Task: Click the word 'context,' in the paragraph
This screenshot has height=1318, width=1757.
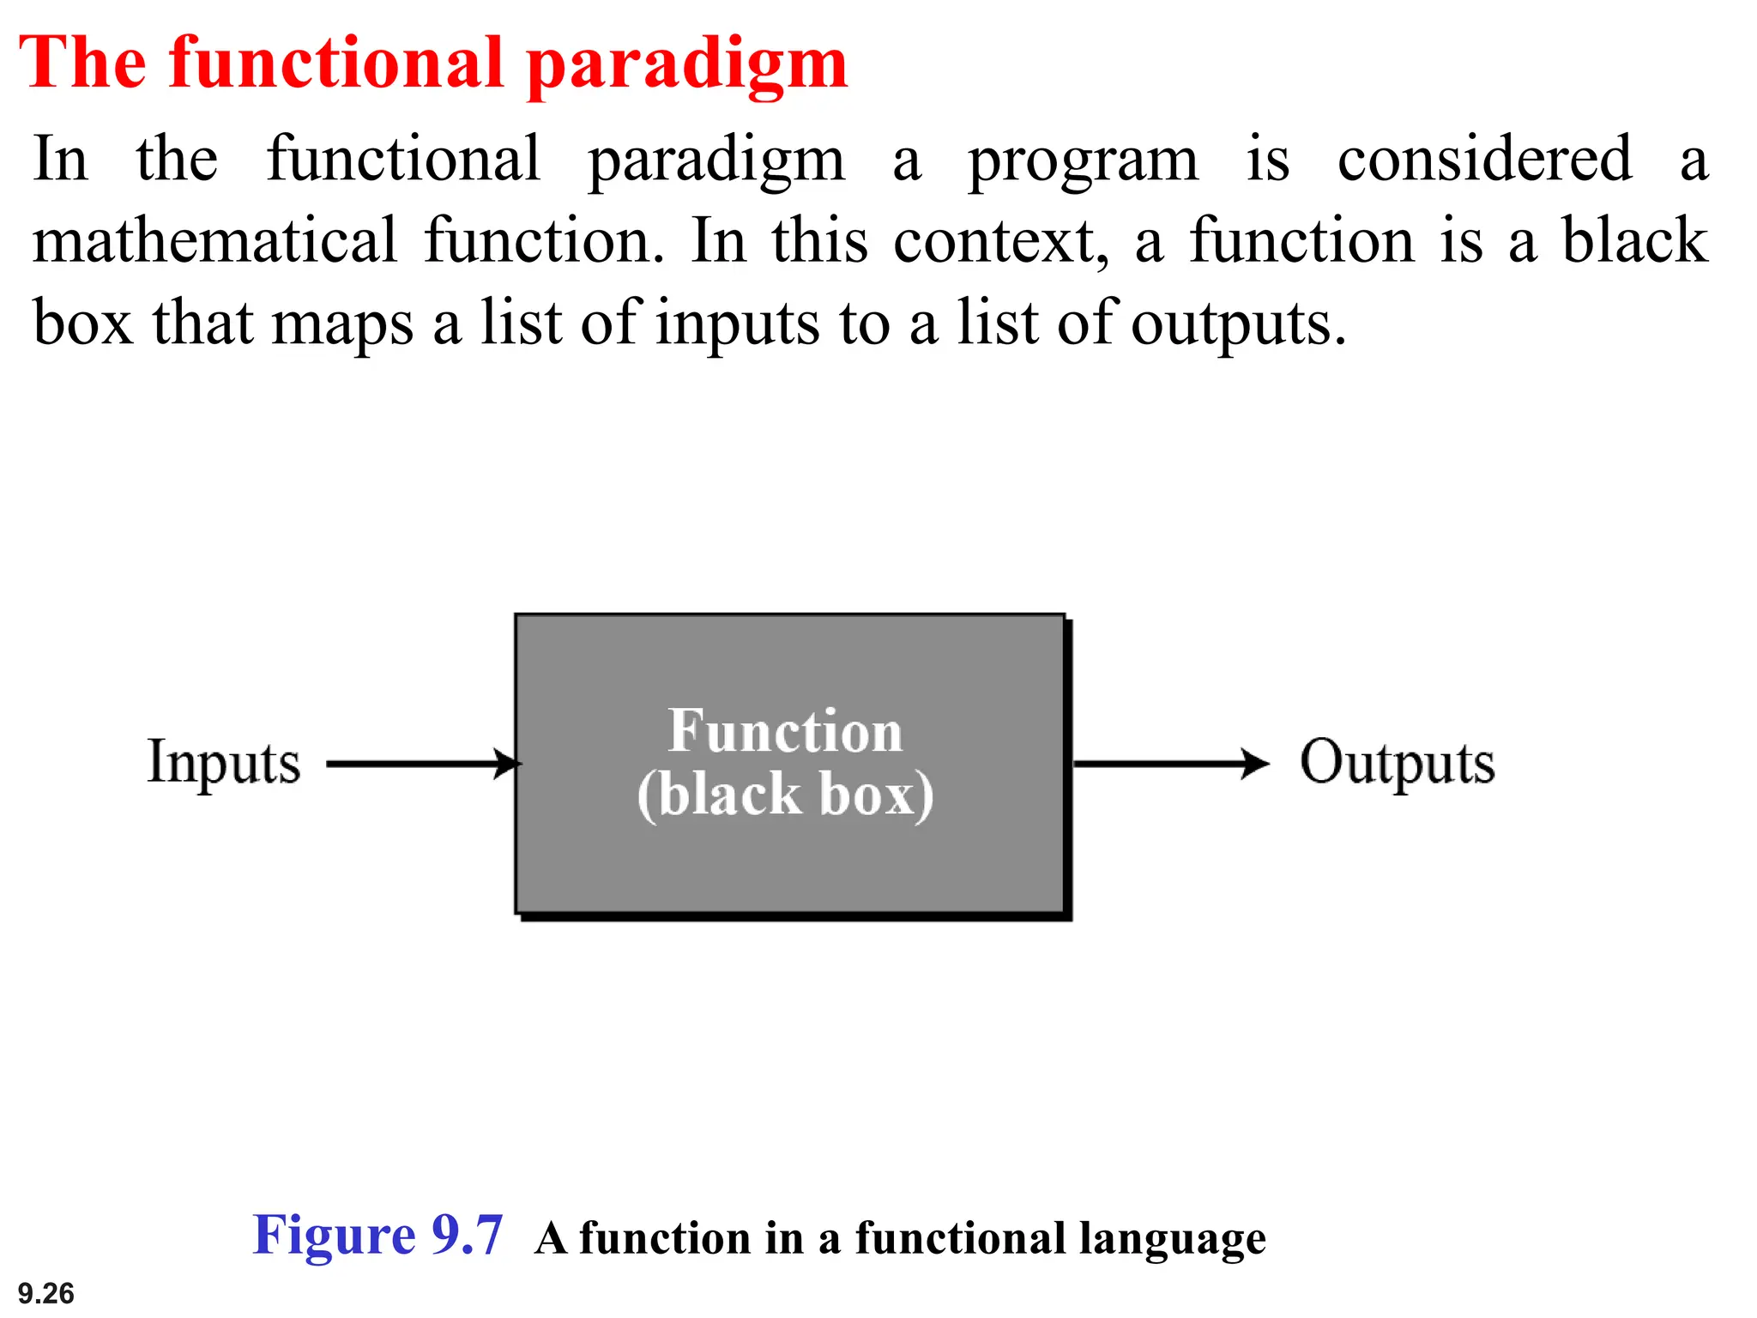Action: pyautogui.click(x=1000, y=242)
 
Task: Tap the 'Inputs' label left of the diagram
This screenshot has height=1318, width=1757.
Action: pyautogui.click(x=224, y=763)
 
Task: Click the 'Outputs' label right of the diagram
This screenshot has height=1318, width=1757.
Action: pyautogui.click(x=1397, y=763)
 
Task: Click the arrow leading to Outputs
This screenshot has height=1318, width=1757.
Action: pyautogui.click(x=1170, y=763)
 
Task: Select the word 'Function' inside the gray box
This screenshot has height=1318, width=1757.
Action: pyautogui.click(x=785, y=732)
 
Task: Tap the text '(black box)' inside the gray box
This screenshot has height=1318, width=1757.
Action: pyautogui.click(x=785, y=795)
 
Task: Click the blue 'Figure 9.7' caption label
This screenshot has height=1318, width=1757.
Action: pyautogui.click(x=377, y=1236)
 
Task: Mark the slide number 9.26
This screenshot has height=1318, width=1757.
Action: pyautogui.click(x=46, y=1293)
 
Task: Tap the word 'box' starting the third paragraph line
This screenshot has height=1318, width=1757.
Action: pyautogui.click(x=83, y=323)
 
